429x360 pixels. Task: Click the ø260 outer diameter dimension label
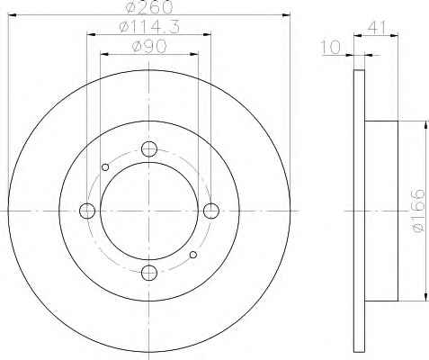pyautogui.click(x=149, y=7)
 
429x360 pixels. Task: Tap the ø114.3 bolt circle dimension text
pyautogui.click(x=149, y=27)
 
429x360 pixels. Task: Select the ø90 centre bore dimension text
pyautogui.click(x=149, y=47)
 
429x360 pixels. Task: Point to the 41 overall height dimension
pyautogui.click(x=376, y=28)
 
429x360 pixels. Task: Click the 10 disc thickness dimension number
pyautogui.click(x=331, y=48)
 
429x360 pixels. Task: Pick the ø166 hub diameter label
pyautogui.click(x=417, y=211)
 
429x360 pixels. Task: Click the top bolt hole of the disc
pyautogui.click(x=149, y=149)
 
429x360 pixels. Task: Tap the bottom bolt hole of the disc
pyautogui.click(x=149, y=273)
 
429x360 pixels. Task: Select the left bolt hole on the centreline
pyautogui.click(x=87, y=211)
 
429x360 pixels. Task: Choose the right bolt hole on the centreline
pyautogui.click(x=211, y=211)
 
